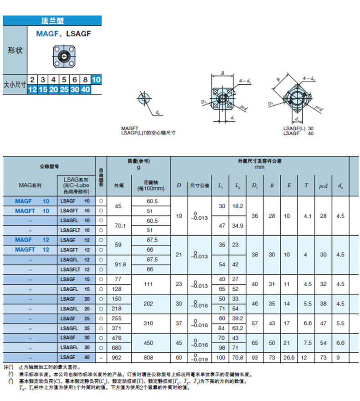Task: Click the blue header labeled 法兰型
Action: click(52, 21)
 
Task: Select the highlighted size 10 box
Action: click(96, 80)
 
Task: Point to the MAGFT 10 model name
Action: click(32, 211)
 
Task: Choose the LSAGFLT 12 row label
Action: click(75, 269)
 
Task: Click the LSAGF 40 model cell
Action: click(75, 357)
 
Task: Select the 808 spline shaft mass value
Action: click(151, 357)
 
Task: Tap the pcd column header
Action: click(323, 186)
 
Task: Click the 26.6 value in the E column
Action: click(289, 357)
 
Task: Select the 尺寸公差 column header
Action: click(199, 186)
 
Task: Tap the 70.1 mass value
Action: click(118, 225)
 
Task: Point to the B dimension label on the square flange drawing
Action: click(222, 72)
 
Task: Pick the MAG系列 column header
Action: click(30, 186)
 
